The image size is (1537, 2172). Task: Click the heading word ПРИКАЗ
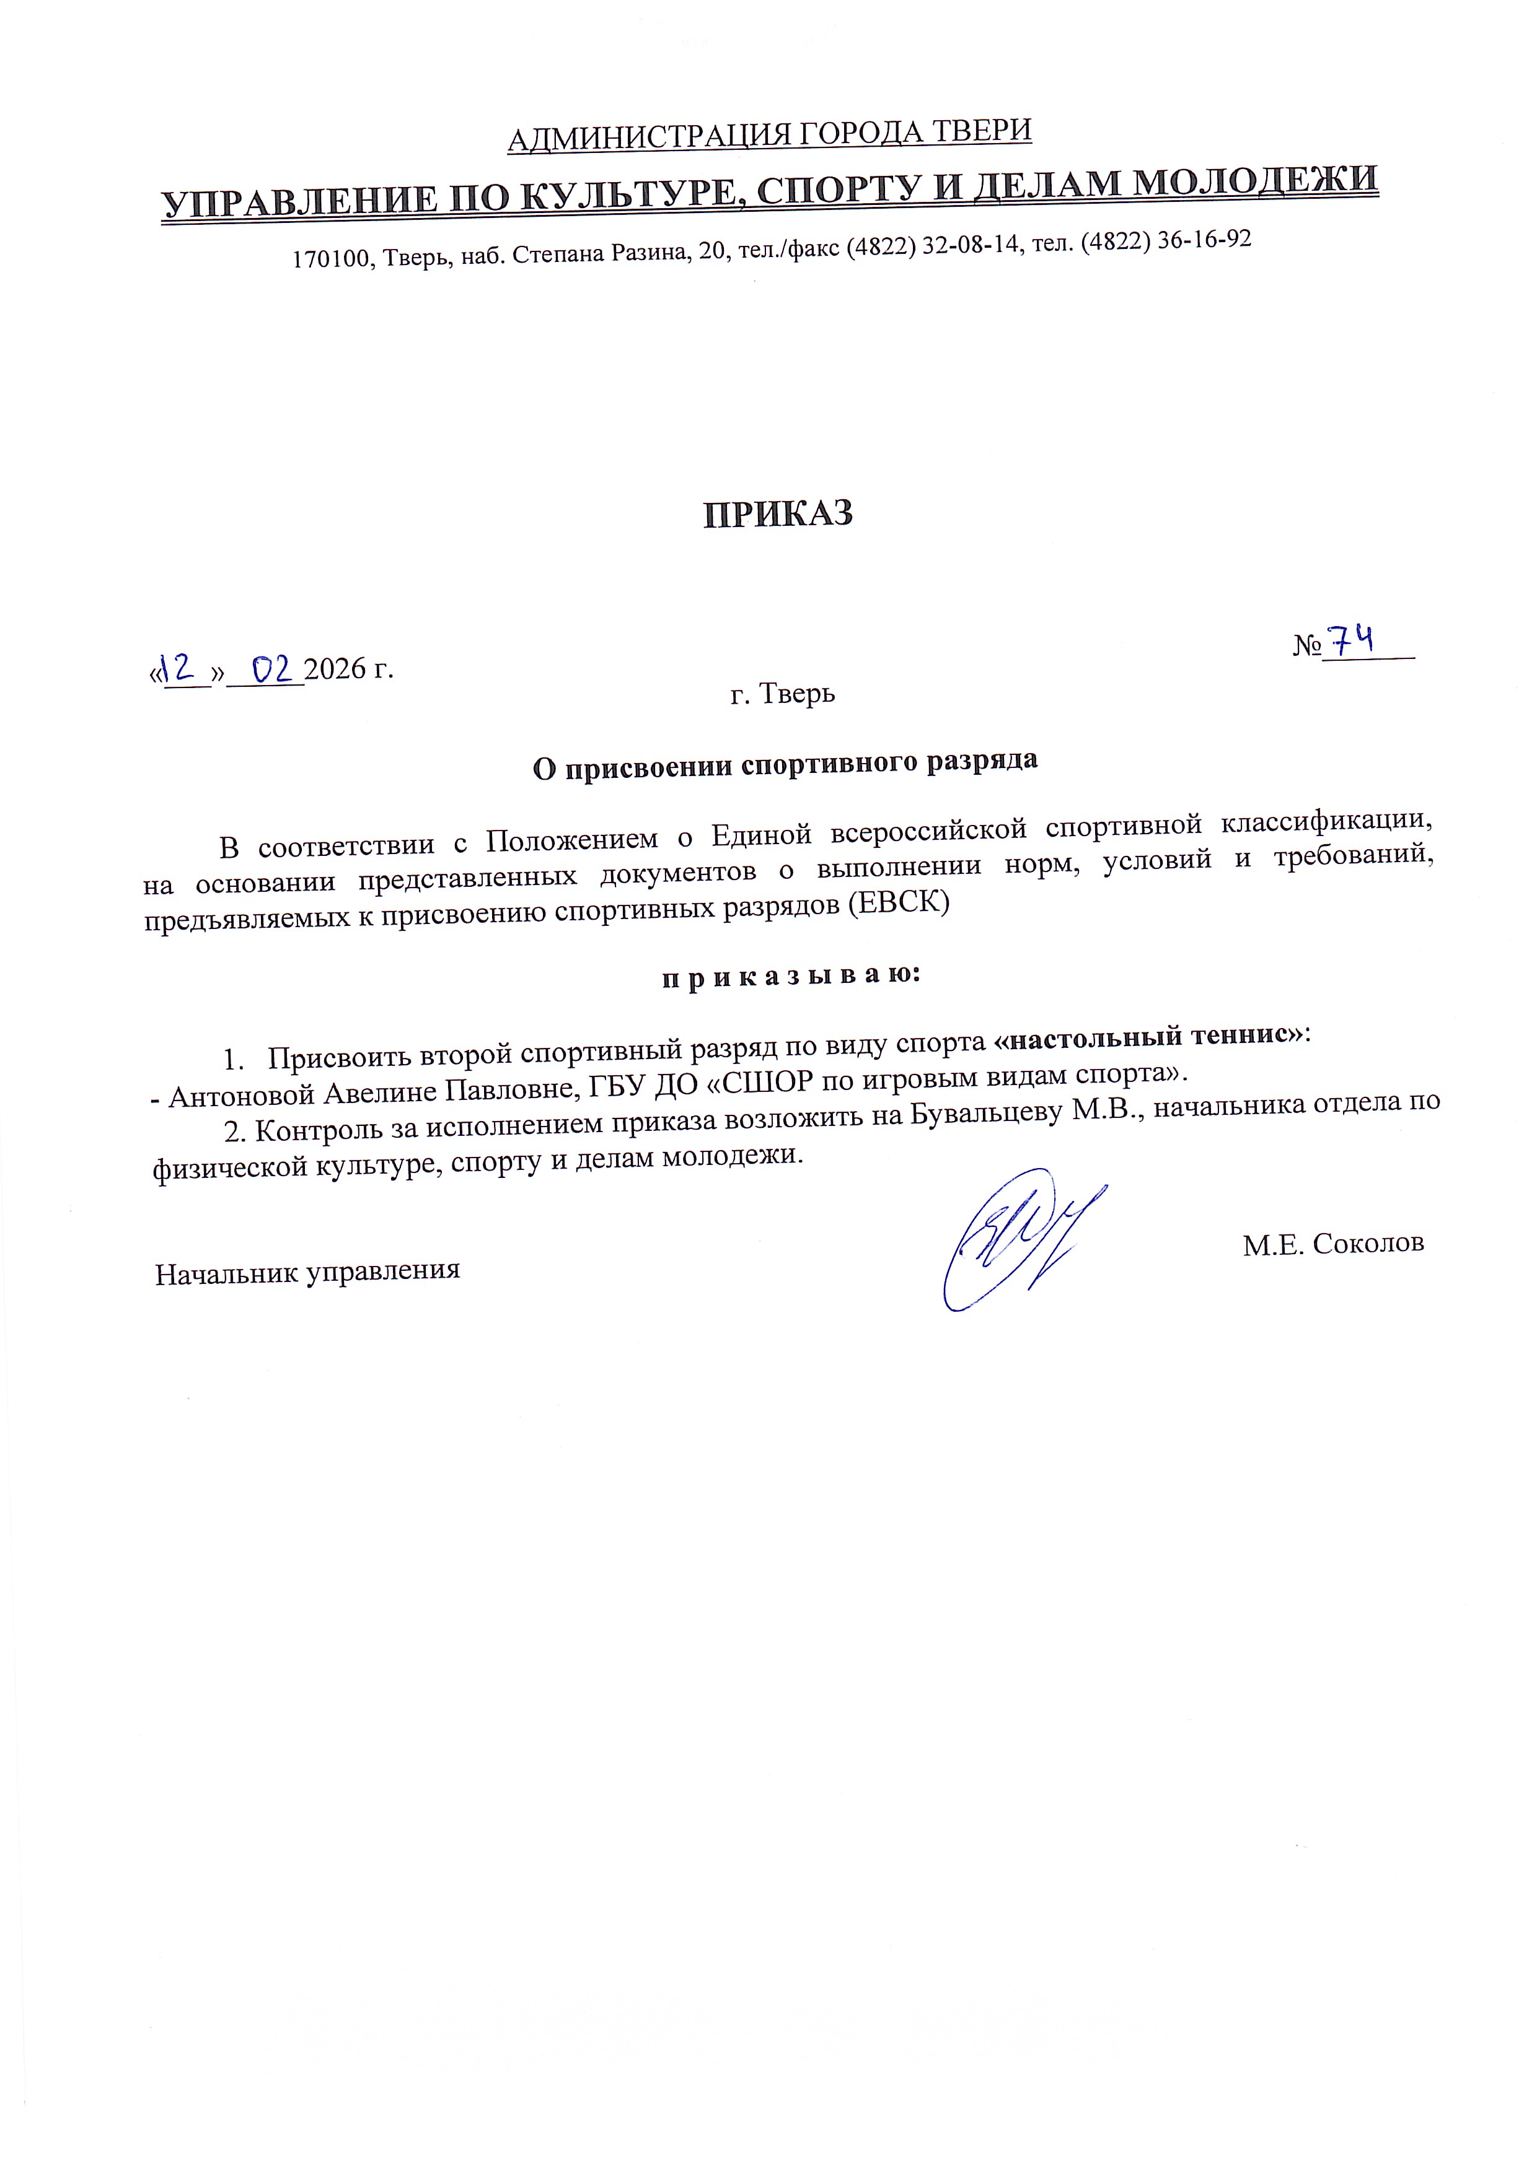pos(778,513)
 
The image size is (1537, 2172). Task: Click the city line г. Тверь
pos(783,694)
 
